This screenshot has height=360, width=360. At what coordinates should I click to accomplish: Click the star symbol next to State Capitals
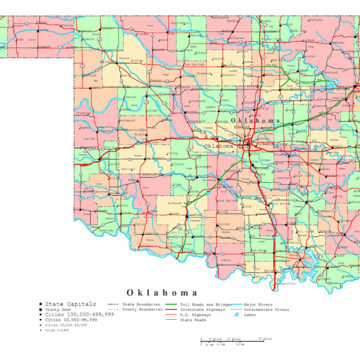click(x=40, y=304)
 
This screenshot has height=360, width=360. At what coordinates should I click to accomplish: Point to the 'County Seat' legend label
click(x=58, y=309)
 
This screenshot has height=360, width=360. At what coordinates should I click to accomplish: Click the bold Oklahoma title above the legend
click(x=162, y=292)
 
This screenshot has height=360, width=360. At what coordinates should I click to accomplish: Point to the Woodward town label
click(x=124, y=58)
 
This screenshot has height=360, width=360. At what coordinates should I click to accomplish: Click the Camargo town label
click(x=131, y=97)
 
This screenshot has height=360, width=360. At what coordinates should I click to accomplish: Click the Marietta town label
click(x=270, y=270)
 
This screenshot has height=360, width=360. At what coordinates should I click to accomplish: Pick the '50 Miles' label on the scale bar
click(x=265, y=339)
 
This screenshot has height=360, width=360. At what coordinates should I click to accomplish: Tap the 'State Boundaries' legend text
click(x=141, y=304)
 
